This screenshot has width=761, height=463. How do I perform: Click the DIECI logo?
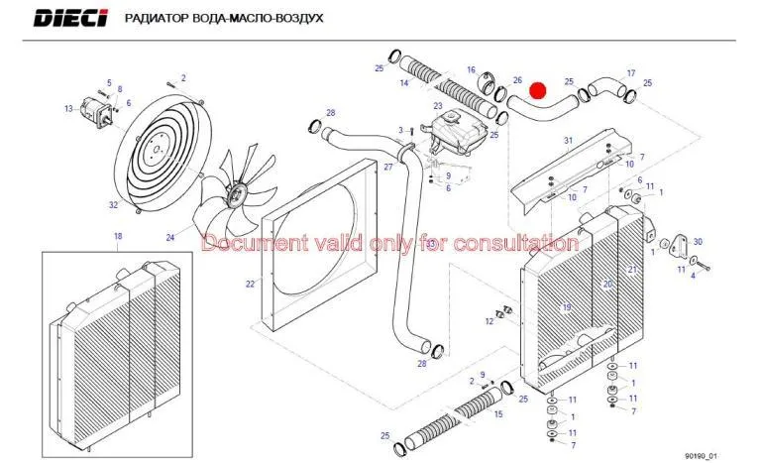pyautogui.click(x=72, y=19)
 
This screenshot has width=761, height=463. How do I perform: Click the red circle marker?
pyautogui.click(x=538, y=91)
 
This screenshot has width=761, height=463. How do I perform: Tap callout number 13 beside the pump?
pyautogui.click(x=68, y=108)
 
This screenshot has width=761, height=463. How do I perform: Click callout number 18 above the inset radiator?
pyautogui.click(x=117, y=236)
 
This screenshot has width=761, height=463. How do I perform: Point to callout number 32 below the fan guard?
pyautogui.click(x=113, y=205)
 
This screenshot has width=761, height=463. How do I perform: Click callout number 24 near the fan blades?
pyautogui.click(x=170, y=237)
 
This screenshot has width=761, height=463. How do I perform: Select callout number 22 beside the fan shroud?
pyautogui.click(x=251, y=284)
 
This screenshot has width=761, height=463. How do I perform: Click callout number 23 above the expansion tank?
pyautogui.click(x=437, y=105)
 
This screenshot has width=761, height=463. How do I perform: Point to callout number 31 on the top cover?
pyautogui.click(x=568, y=140)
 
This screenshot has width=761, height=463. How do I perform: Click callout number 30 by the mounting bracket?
pyautogui.click(x=698, y=242)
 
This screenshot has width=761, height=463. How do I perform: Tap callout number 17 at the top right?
pyautogui.click(x=630, y=73)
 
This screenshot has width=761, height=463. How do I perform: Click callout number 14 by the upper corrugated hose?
pyautogui.click(x=404, y=84)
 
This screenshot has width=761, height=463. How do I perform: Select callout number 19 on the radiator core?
pyautogui.click(x=566, y=306)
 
